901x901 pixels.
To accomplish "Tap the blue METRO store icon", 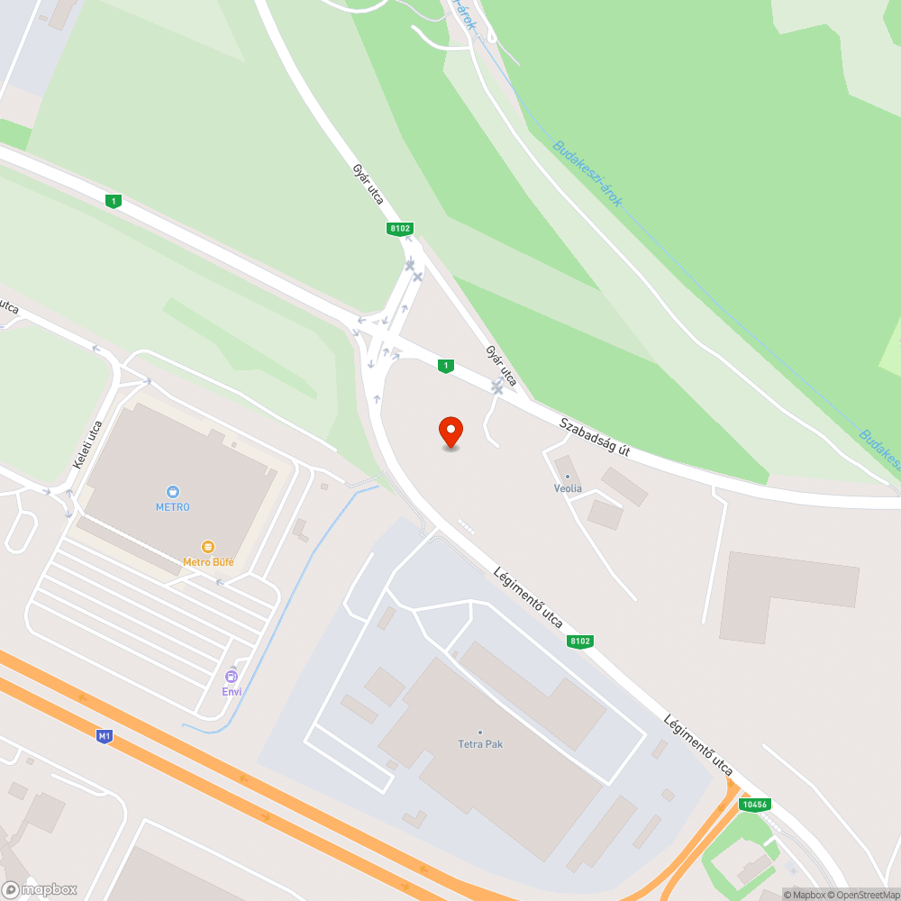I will click(173, 492).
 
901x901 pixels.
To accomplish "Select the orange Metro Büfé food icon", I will click(208, 547).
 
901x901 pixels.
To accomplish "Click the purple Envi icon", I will click(232, 676).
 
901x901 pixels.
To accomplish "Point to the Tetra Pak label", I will click(479, 744).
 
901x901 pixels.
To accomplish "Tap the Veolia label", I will click(568, 488).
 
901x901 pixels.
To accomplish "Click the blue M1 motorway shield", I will click(105, 736).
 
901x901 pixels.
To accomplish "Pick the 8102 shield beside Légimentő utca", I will click(580, 642).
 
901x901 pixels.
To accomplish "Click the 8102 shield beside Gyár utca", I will click(400, 229).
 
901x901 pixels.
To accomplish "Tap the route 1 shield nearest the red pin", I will click(445, 365).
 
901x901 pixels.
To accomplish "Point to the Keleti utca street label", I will click(87, 444).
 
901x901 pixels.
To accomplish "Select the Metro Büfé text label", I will click(208, 562).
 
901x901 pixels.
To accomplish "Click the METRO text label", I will click(173, 506).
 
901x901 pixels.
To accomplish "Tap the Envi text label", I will click(232, 691).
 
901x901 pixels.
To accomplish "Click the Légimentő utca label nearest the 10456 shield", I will click(698, 745).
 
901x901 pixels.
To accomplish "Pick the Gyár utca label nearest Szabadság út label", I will click(501, 364).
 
